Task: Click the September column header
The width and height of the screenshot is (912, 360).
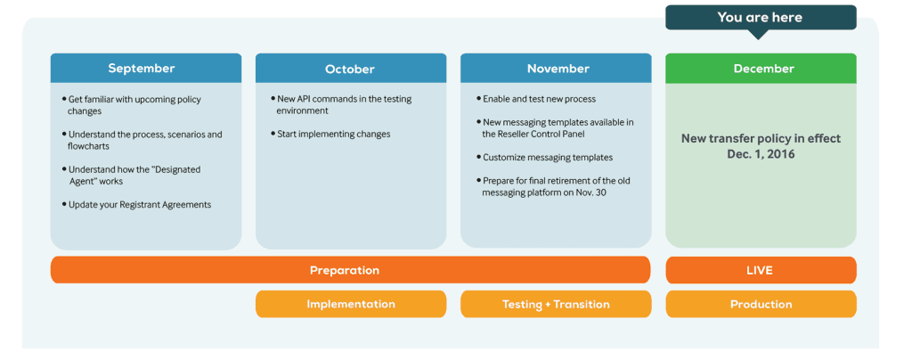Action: click(x=146, y=68)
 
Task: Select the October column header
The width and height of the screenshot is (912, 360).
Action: click(x=351, y=68)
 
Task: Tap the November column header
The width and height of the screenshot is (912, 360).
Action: click(x=556, y=68)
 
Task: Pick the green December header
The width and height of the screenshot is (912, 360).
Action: click(x=761, y=68)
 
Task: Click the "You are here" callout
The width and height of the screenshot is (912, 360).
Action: click(x=761, y=18)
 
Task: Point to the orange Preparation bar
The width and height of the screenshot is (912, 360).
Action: click(x=350, y=270)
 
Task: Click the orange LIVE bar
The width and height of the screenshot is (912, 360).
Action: click(x=761, y=270)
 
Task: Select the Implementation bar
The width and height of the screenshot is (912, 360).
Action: click(x=351, y=304)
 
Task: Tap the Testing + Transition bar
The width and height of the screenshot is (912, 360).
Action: click(x=556, y=304)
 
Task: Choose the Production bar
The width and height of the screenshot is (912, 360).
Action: click(x=761, y=304)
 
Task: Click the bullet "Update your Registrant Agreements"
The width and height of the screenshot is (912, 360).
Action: click(x=136, y=205)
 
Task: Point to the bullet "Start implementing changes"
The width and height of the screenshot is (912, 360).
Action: click(x=330, y=134)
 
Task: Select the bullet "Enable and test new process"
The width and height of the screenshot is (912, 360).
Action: click(x=535, y=99)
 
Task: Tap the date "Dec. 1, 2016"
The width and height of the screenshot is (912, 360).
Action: click(x=761, y=154)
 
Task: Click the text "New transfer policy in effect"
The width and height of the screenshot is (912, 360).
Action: click(x=761, y=139)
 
